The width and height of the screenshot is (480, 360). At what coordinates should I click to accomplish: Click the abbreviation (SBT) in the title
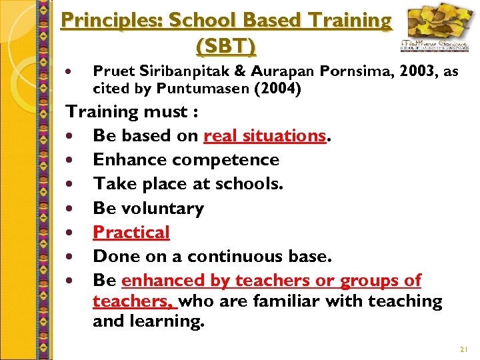click(226, 46)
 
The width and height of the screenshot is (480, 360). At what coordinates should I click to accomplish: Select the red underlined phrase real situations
click(265, 135)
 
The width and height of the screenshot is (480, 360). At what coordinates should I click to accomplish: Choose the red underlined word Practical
click(131, 232)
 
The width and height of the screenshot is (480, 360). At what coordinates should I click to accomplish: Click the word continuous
click(234, 256)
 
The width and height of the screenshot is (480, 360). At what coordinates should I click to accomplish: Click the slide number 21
click(464, 349)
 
